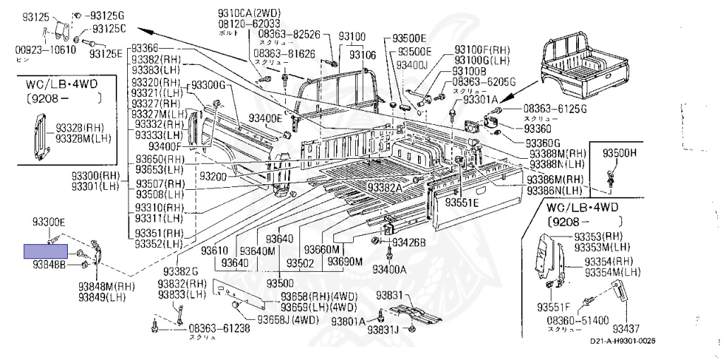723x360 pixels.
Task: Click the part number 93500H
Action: pyautogui.click(x=619, y=152)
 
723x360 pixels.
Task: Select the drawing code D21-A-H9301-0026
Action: pyautogui.click(x=623, y=342)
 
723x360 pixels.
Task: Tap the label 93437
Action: pyautogui.click(x=626, y=328)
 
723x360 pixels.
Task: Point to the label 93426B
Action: pyautogui.click(x=410, y=243)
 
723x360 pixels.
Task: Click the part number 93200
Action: pyautogui.click(x=213, y=176)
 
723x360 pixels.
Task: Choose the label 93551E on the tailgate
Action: pyautogui.click(x=462, y=203)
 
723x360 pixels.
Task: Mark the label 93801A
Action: pyautogui.click(x=347, y=321)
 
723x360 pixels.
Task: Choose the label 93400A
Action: pyautogui.click(x=390, y=269)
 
